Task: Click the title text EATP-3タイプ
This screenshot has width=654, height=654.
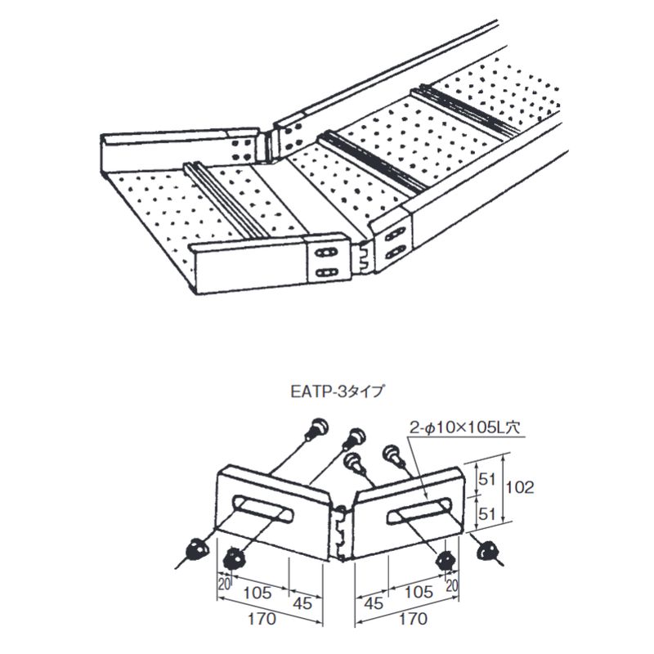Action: pyautogui.click(x=336, y=392)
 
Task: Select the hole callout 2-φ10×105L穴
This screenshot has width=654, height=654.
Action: pyautogui.click(x=464, y=428)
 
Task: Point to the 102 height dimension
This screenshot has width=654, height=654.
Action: pyautogui.click(x=519, y=486)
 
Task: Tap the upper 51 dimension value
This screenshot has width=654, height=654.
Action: pyautogui.click(x=486, y=480)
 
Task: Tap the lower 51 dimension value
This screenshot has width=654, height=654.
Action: pyautogui.click(x=486, y=514)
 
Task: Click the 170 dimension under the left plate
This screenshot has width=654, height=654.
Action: pyautogui.click(x=262, y=619)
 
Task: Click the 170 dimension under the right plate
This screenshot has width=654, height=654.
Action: pyautogui.click(x=413, y=619)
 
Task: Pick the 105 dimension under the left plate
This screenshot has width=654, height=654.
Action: pyautogui.click(x=258, y=593)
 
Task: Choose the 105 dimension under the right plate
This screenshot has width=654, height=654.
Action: pyautogui.click(x=419, y=592)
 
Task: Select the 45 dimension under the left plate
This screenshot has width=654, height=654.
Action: pyautogui.click(x=302, y=603)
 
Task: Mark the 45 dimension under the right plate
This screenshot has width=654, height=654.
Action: pyautogui.click(x=374, y=603)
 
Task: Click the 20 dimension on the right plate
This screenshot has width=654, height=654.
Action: pyautogui.click(x=452, y=585)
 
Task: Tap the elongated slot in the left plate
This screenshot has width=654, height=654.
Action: pyautogui.click(x=262, y=508)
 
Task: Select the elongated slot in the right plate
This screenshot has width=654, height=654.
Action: pyautogui.click(x=419, y=510)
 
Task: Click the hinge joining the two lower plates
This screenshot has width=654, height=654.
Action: pyautogui.click(x=342, y=532)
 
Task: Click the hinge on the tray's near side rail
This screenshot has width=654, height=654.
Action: pyautogui.click(x=361, y=259)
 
